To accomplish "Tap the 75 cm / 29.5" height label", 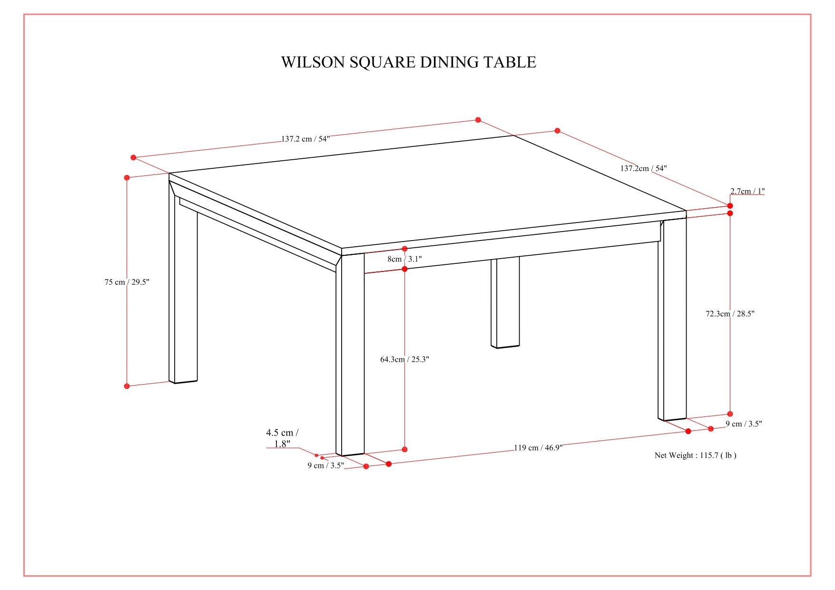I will tap(127, 282).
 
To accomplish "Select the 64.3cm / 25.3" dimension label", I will tap(404, 359).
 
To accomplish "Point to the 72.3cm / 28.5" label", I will tap(730, 314).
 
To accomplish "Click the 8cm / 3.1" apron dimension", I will tap(404, 259).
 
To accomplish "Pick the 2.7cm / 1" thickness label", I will tap(747, 191).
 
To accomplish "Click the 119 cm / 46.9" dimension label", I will tap(538, 447).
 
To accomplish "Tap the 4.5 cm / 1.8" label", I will tap(282, 438).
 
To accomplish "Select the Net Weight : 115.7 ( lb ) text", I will tap(695, 455).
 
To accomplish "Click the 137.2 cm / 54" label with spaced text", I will tap(305, 139).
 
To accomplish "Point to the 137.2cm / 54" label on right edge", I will tap(643, 168).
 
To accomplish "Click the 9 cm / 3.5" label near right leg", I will tap(744, 424).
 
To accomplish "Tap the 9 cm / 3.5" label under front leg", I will tap(325, 465).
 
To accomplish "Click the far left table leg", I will tap(183, 295).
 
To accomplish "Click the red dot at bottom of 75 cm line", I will tap(127, 386).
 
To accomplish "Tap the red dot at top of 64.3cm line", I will tap(404, 269).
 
